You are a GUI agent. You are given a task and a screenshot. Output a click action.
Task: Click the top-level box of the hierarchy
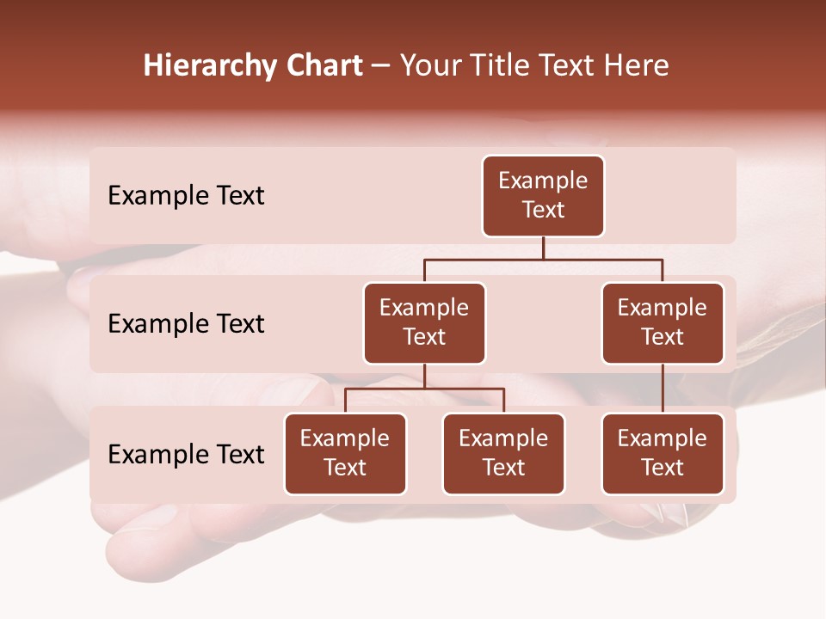(x=543, y=196)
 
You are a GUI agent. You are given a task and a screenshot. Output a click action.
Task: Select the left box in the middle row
(x=424, y=323)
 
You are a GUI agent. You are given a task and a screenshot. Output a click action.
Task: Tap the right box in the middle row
(x=663, y=323)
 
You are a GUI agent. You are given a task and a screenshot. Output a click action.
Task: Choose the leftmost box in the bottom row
(x=345, y=454)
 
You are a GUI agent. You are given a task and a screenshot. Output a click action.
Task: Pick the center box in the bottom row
(x=503, y=454)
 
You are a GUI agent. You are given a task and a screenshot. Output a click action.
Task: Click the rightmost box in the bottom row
(x=663, y=454)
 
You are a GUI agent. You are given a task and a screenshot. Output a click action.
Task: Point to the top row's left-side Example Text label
(x=186, y=196)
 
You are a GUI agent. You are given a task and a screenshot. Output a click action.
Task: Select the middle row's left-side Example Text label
(x=186, y=324)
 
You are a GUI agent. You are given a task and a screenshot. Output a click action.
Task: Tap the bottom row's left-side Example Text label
(x=186, y=455)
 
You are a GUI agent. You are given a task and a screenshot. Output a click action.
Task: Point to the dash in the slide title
(x=381, y=66)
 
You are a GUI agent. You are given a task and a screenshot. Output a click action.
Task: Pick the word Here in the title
(x=638, y=66)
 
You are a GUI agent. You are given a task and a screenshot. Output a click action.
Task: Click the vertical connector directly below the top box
(x=543, y=248)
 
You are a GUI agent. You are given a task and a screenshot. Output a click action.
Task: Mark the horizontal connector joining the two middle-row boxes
(x=543, y=259)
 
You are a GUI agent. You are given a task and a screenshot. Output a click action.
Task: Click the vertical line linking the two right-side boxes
(x=663, y=389)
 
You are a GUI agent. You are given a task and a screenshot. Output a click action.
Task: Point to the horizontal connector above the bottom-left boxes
(x=424, y=389)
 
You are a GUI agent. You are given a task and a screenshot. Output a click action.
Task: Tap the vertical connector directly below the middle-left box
(x=424, y=376)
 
